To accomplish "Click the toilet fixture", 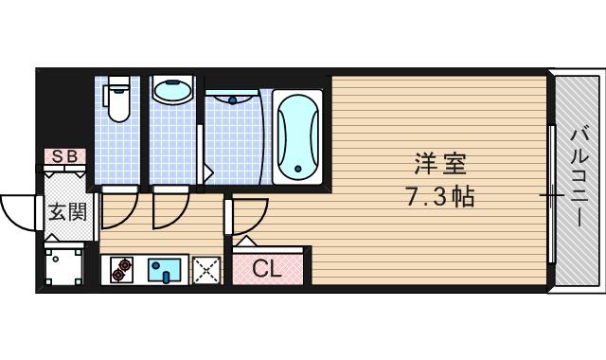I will (x=118, y=103).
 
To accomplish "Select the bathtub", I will (x=298, y=135).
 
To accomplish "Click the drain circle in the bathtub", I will (x=298, y=170).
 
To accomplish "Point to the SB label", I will (x=64, y=156).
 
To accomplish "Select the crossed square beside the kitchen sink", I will (x=205, y=271).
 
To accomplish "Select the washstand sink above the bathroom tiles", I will (x=232, y=98).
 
